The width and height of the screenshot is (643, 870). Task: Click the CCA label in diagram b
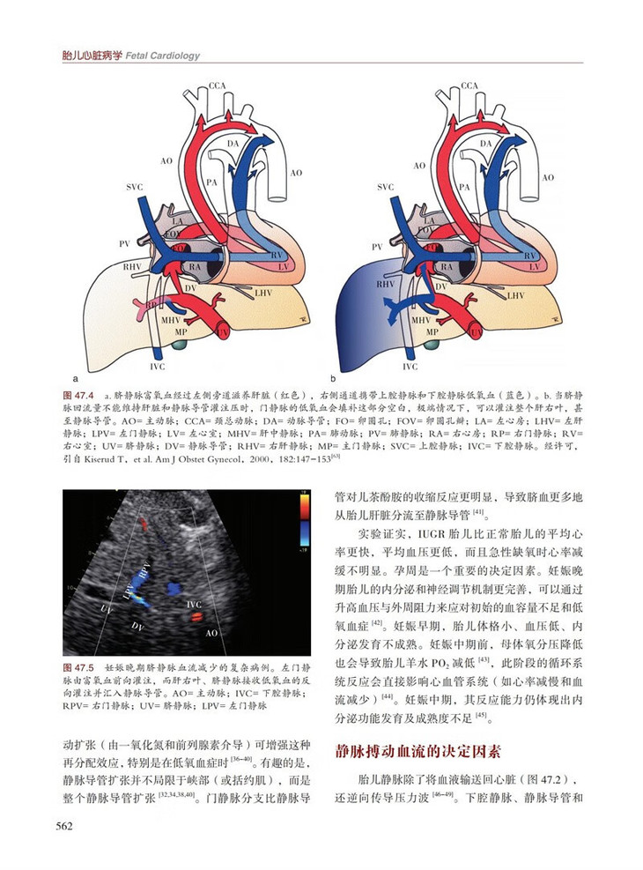point(469,86)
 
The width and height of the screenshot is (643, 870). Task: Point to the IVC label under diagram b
point(410,365)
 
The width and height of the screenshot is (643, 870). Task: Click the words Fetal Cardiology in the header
point(163,56)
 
